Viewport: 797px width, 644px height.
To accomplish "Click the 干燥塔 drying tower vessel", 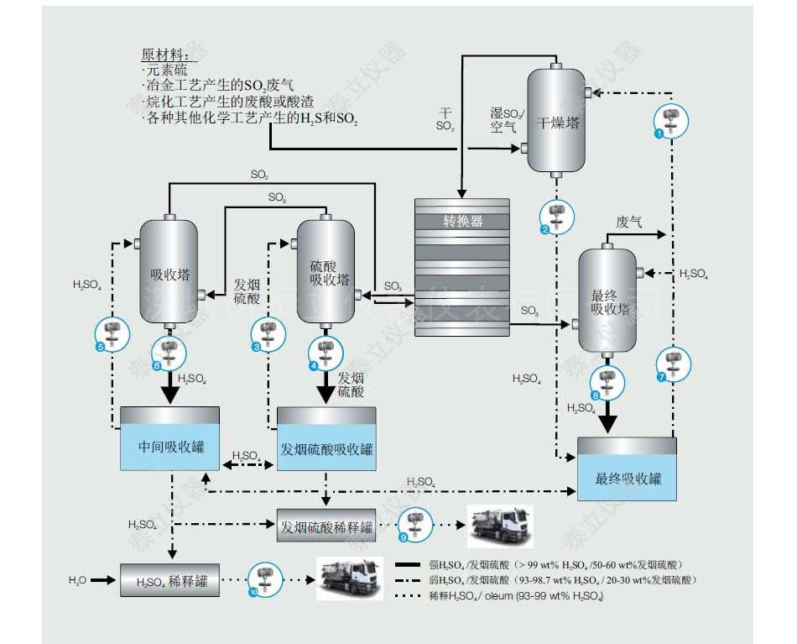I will (555, 121).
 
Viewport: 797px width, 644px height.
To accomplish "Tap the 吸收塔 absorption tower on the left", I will (169, 272).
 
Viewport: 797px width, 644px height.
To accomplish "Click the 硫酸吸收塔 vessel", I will (326, 272).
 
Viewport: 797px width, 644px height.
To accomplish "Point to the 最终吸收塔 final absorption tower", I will (607, 301).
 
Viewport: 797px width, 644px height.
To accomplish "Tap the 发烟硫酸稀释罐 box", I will (326, 527).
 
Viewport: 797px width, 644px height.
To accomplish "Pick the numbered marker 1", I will (659, 133).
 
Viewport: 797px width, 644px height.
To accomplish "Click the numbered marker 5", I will (101, 346).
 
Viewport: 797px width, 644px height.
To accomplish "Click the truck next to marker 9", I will (500, 526).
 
